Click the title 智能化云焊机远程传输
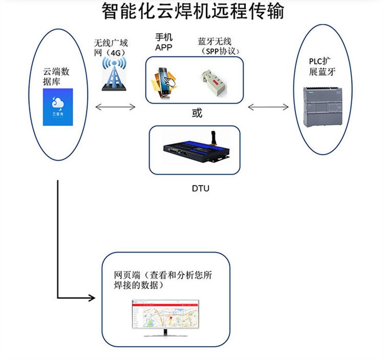click(192, 11)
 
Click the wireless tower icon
click(114, 75)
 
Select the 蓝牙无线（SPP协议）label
click(219, 47)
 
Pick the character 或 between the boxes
click(197, 113)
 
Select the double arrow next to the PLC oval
click(268, 107)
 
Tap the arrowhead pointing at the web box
click(92, 297)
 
